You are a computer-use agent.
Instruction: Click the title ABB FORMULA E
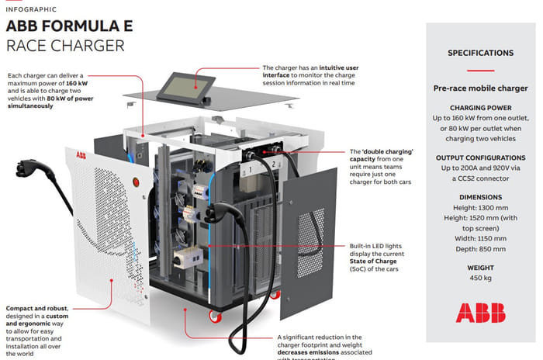(69, 26)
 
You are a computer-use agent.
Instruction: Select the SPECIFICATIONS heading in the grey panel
(480, 54)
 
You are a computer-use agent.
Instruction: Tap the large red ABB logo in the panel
(480, 312)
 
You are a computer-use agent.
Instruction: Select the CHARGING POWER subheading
(480, 109)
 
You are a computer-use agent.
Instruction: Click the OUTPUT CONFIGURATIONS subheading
(480, 156)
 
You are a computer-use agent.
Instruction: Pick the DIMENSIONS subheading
(480, 197)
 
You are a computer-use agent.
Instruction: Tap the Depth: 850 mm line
(480, 250)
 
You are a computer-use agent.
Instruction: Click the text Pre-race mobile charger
(480, 89)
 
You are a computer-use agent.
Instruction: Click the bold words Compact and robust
(38, 307)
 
